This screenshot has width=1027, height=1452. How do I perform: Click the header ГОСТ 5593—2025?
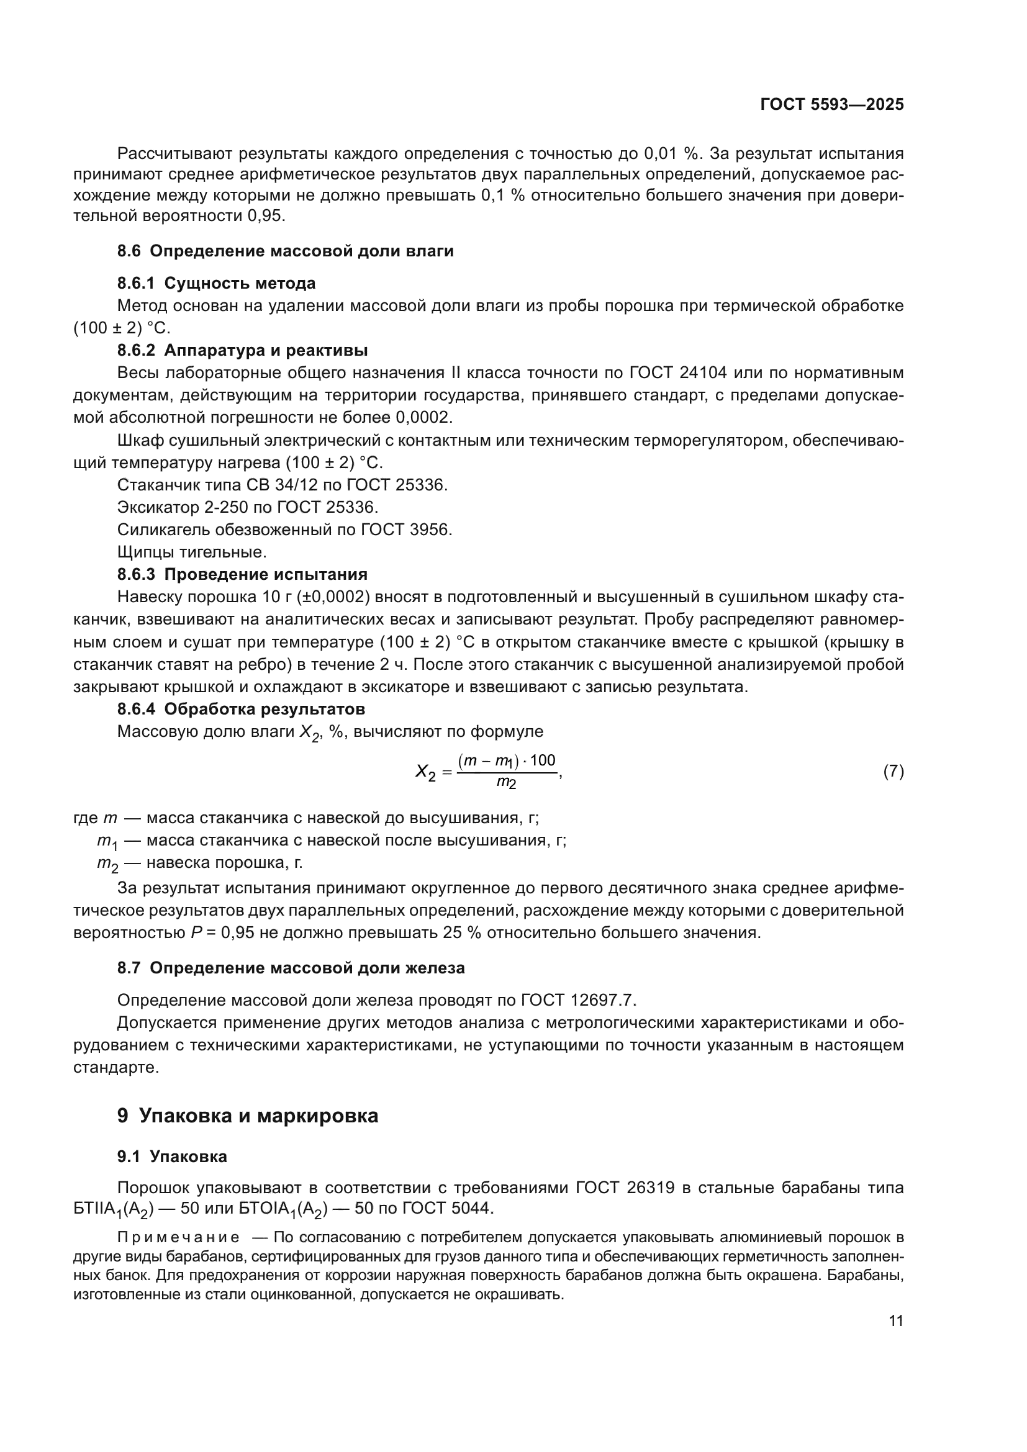coord(831,105)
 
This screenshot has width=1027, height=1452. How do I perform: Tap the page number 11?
coord(895,1321)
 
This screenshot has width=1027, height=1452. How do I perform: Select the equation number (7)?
coord(893,772)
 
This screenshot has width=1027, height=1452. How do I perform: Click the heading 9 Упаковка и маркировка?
coord(247,1115)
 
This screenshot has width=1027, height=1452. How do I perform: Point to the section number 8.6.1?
coord(136,283)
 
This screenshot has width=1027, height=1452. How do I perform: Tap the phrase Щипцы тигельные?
coord(192,552)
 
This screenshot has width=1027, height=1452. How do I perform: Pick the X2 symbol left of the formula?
coord(425,772)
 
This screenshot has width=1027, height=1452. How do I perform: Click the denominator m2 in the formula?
coord(506,783)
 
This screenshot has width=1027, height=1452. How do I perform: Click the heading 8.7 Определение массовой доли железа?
coord(291,968)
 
